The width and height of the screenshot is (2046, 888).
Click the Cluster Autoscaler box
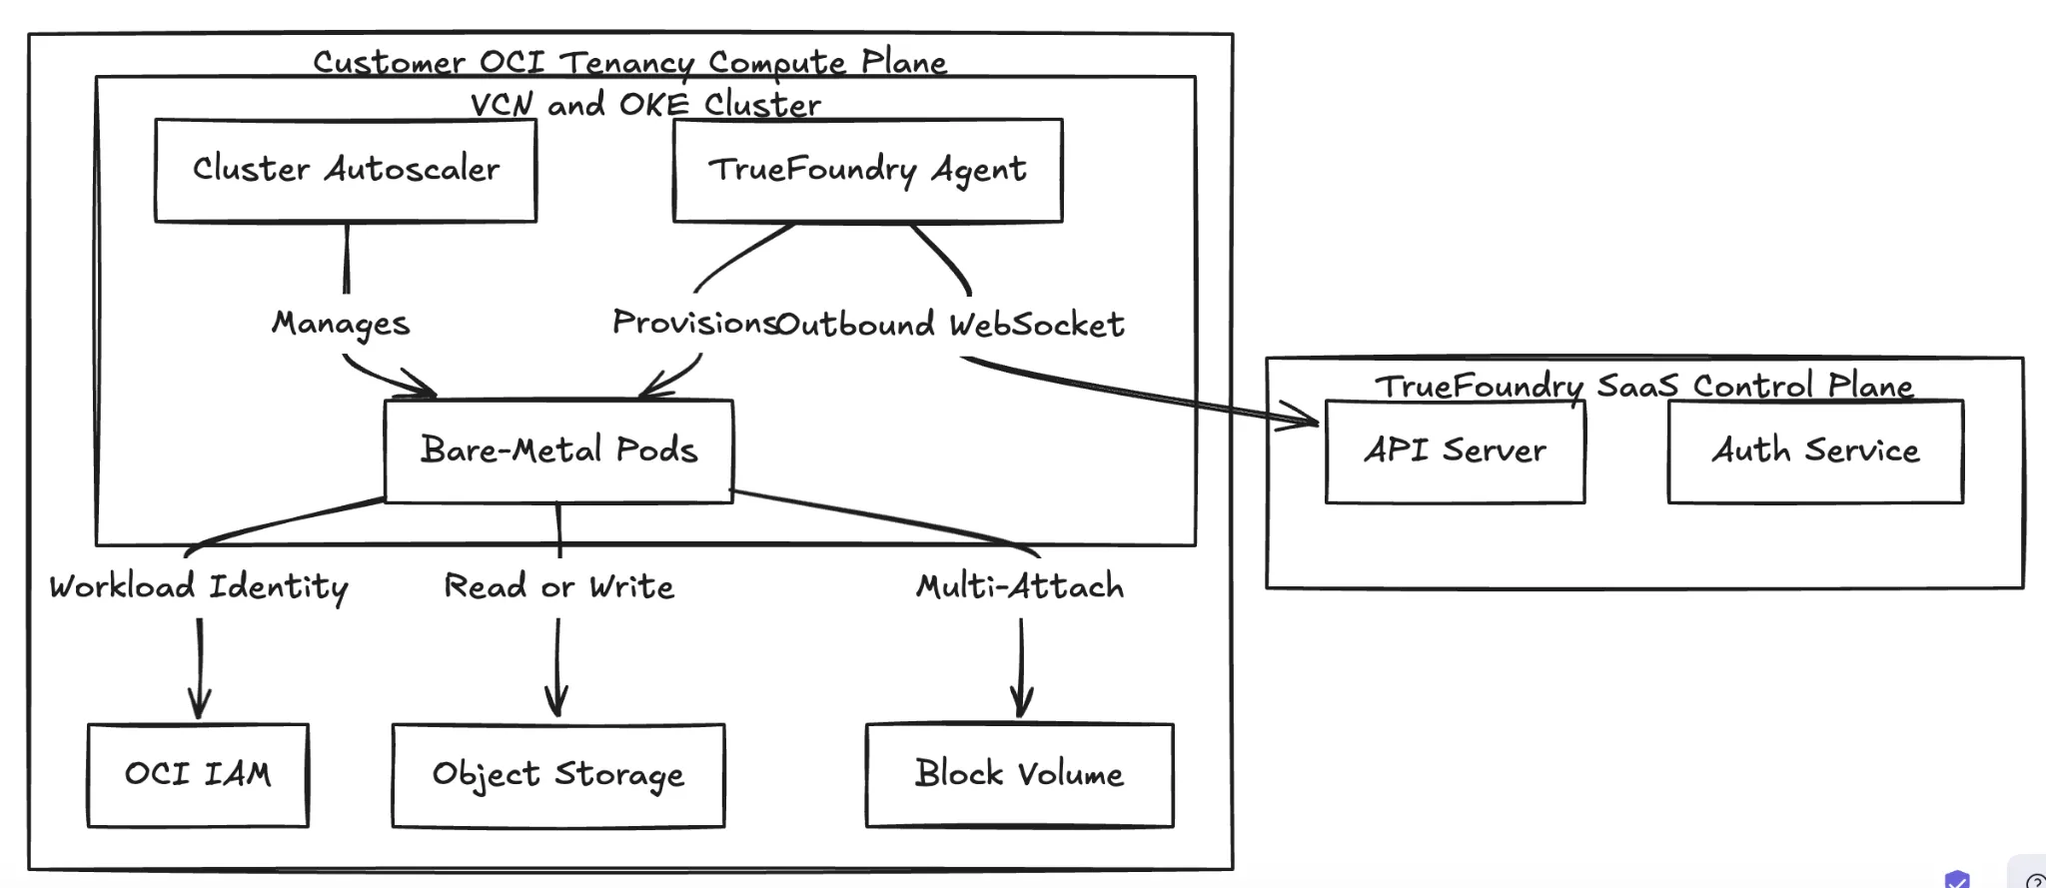pyautogui.click(x=346, y=170)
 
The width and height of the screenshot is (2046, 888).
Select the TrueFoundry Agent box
pyautogui.click(x=867, y=170)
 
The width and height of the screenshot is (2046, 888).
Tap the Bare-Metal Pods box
pyautogui.click(x=558, y=450)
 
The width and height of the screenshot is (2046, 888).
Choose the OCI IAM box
pyautogui.click(x=198, y=775)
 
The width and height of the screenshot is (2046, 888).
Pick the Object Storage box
pyautogui.click(x=558, y=775)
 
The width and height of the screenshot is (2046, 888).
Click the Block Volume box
pyautogui.click(x=1019, y=775)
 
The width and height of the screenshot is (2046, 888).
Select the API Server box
pyautogui.click(x=1455, y=451)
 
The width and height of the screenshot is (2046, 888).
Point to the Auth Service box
pyautogui.click(x=1815, y=451)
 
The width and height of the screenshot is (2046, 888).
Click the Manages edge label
pyautogui.click(x=341, y=324)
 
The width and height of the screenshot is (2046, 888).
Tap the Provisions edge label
pyautogui.click(x=693, y=323)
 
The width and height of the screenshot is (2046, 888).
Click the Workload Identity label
pyautogui.click(x=199, y=586)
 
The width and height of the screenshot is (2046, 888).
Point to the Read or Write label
pyautogui.click(x=558, y=586)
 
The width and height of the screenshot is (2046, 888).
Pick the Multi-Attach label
pyautogui.click(x=1020, y=586)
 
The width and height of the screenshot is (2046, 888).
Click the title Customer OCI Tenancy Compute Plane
pyautogui.click(x=629, y=62)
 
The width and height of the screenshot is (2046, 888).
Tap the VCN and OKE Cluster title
pyautogui.click(x=645, y=104)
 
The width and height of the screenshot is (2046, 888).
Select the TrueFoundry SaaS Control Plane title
pyautogui.click(x=1643, y=386)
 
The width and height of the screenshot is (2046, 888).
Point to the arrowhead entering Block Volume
pyautogui.click(x=1021, y=705)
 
